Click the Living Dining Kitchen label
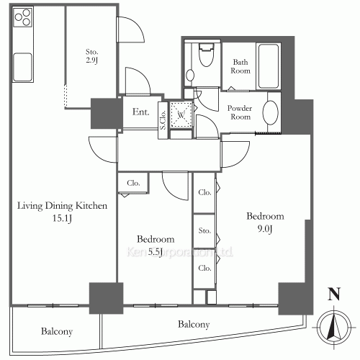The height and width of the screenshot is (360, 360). click(63, 206)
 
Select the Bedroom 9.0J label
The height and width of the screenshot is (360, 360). click(266, 222)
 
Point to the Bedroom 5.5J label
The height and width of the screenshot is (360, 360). click(155, 246)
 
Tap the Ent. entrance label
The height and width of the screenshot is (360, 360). click(141, 112)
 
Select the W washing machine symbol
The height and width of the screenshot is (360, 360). click(181, 114)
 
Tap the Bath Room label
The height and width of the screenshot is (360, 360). click(240, 67)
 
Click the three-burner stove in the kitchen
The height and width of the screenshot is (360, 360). click(22, 18)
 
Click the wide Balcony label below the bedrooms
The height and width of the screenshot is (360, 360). click(193, 325)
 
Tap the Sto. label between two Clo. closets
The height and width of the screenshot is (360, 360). click(204, 230)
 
